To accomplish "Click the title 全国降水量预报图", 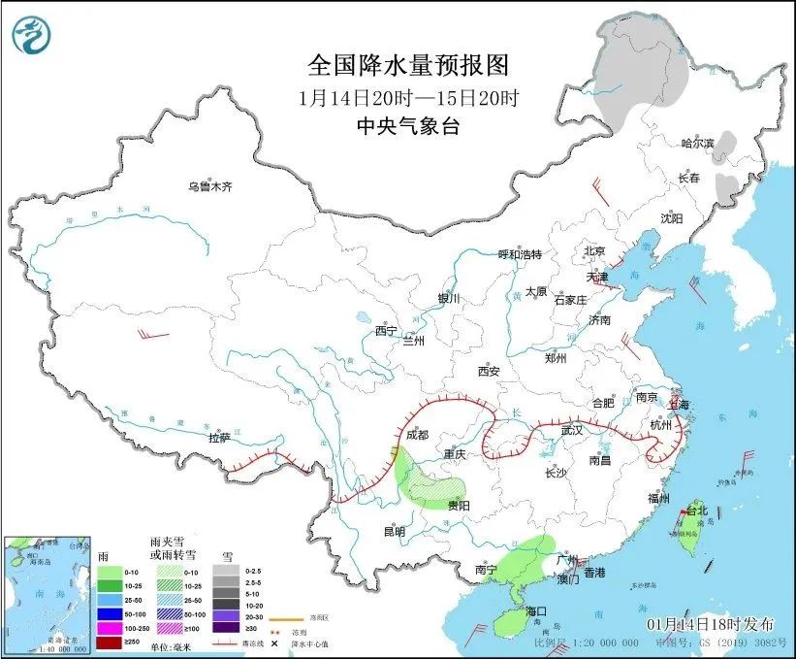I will click(407, 65).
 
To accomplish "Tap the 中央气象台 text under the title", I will click(407, 125).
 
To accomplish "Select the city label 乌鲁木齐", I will click(210, 186).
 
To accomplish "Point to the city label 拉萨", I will click(220, 438).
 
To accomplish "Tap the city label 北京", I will click(594, 251).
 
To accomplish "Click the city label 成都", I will click(418, 436).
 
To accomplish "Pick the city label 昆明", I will click(394, 531).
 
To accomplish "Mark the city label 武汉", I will click(572, 430).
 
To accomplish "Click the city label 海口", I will click(536, 610).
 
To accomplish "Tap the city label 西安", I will click(488, 371).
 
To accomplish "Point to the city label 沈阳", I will click(672, 218).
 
